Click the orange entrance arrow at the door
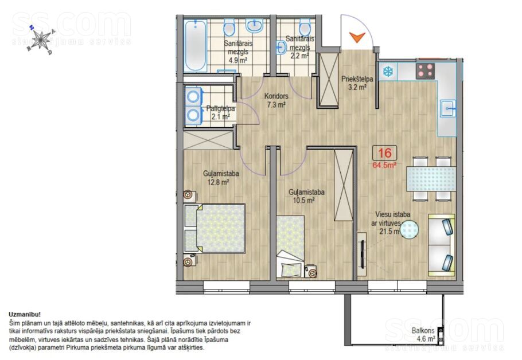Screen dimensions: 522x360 (x=357, y=37)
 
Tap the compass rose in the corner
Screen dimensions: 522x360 (x=41, y=40)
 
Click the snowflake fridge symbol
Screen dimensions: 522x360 (x=387, y=72)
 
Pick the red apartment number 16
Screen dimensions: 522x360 (x=384, y=152)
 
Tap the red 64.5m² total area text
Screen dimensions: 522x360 (x=384, y=165)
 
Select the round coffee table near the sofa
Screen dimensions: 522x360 (x=409, y=230)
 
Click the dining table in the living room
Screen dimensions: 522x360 (x=431, y=179)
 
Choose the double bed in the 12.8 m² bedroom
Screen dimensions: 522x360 (x=215, y=228)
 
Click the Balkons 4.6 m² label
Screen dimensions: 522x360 (x=423, y=335)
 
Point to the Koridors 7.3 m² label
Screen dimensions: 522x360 (x=276, y=100)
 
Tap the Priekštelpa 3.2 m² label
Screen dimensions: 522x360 (x=357, y=83)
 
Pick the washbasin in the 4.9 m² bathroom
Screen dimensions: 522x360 (x=255, y=26)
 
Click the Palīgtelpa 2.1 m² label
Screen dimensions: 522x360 (x=220, y=112)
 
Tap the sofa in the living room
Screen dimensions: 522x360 (x=442, y=245)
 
